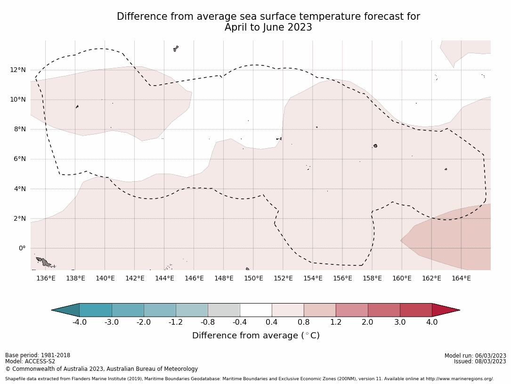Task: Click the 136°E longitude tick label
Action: (46, 278)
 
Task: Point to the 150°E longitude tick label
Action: (253, 278)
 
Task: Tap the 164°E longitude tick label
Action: (461, 278)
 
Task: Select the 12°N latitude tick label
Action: (18, 70)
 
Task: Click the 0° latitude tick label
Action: (22, 248)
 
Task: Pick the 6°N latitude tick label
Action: (20, 159)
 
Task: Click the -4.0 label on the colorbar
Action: (79, 322)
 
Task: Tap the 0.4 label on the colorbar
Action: (272, 322)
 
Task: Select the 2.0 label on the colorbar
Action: (367, 322)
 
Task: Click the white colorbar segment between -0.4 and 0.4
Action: (256, 310)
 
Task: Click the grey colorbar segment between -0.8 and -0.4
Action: (224, 310)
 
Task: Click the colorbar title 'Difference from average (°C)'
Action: (256, 336)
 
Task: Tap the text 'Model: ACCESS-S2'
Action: (30, 361)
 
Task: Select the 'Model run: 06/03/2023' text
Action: (475, 356)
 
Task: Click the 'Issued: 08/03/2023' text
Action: (479, 361)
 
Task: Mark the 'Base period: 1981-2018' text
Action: (38, 355)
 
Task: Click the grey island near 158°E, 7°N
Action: (375, 146)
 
